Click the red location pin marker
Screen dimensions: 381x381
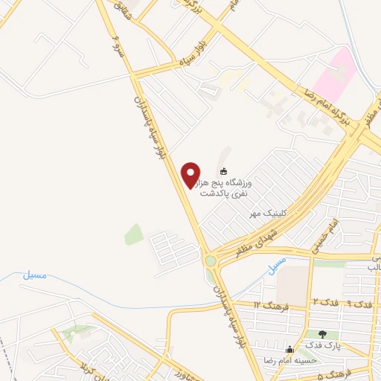(191, 175)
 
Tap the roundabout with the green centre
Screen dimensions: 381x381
(212, 261)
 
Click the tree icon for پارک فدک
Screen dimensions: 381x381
(322, 335)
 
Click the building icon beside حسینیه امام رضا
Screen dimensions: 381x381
(289, 349)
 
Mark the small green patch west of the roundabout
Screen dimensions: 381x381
(134, 234)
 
